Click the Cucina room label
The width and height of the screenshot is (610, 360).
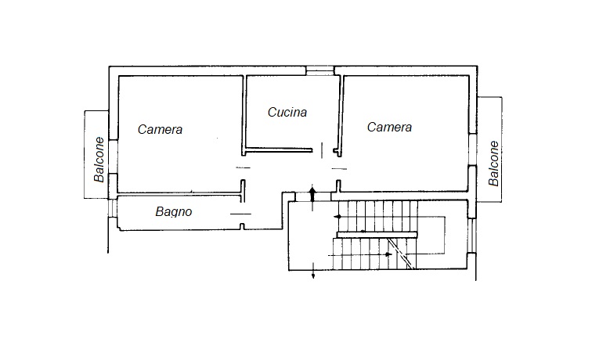(x=287, y=113)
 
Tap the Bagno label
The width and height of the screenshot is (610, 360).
(x=174, y=211)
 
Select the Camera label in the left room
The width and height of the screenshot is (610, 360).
(x=160, y=129)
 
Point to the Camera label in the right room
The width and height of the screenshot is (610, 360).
(x=389, y=127)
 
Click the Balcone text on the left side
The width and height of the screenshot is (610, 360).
(x=99, y=160)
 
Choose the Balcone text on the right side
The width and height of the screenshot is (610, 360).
(x=493, y=164)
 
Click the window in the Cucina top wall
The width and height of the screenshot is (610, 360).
(x=319, y=70)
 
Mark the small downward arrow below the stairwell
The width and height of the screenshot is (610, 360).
(x=313, y=271)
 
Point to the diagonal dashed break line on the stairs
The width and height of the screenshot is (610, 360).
(x=400, y=253)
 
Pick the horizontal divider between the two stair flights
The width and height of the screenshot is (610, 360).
(x=377, y=235)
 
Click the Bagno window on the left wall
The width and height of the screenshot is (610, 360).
(x=112, y=208)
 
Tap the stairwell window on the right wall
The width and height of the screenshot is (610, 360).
(x=472, y=236)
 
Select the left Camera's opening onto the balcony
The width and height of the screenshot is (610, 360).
(x=113, y=157)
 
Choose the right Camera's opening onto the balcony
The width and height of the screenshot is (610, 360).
(x=473, y=150)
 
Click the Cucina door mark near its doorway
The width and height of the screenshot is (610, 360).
(x=322, y=150)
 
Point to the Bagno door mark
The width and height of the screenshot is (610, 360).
(x=240, y=214)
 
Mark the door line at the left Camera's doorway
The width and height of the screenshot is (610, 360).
(x=244, y=168)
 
